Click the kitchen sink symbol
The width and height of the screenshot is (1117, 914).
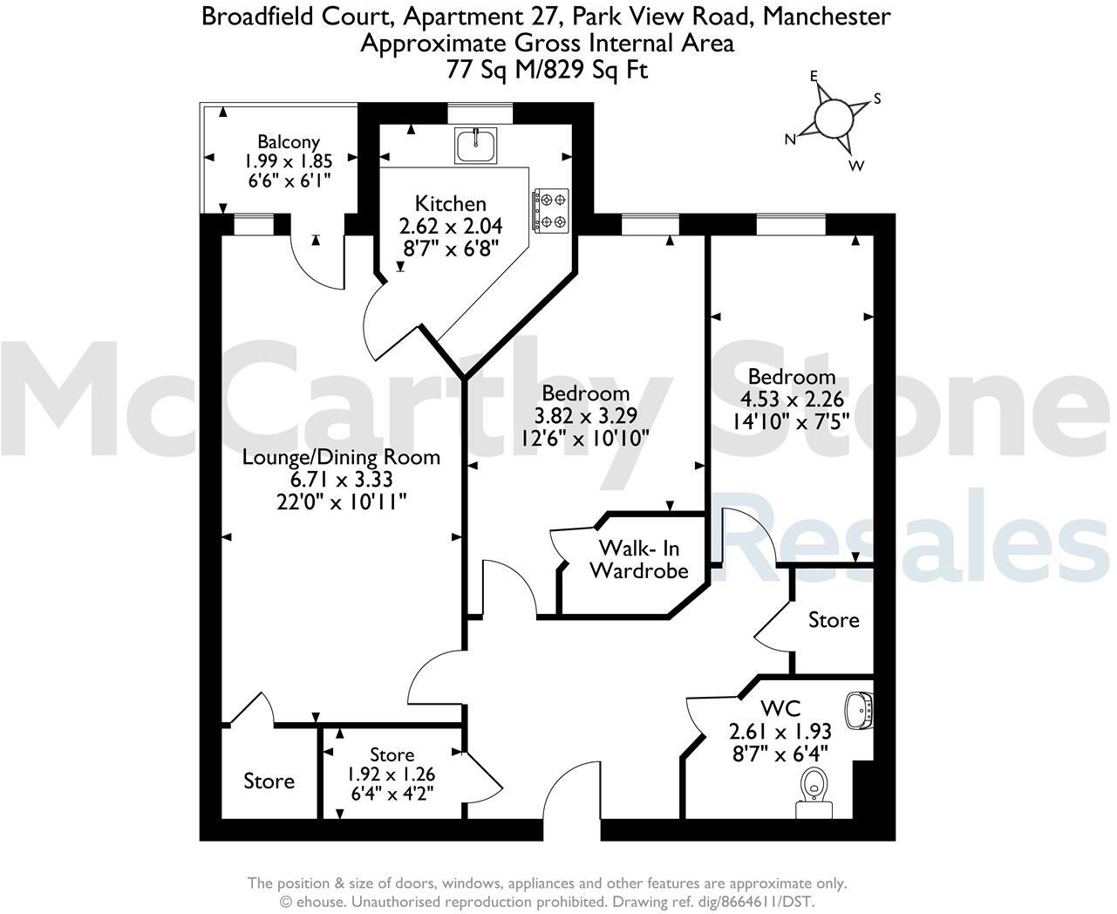tap(475, 145)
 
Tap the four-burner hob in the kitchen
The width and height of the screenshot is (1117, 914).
tap(551, 210)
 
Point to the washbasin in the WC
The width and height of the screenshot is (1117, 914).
tap(859, 711)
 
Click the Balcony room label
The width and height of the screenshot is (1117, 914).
tap(289, 141)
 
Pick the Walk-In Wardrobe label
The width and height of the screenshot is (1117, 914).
tap(639, 559)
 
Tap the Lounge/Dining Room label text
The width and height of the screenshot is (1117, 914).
tap(341, 457)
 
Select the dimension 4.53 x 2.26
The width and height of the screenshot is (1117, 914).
tap(792, 399)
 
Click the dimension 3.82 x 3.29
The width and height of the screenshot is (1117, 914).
tap(585, 415)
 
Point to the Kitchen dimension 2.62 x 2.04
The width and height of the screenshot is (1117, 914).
tap(451, 226)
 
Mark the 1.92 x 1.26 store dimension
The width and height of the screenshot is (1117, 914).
tap(391, 774)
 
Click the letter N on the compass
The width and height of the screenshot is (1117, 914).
tap(790, 140)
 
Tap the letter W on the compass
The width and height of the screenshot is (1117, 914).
tap(856, 166)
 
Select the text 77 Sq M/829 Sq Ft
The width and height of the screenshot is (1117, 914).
tap(547, 70)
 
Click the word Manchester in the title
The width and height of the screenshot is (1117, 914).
tap(827, 17)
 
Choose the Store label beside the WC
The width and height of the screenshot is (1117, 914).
tap(834, 620)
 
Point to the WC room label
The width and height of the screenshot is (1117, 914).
tap(780, 708)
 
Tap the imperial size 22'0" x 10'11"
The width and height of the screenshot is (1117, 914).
tap(342, 501)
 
